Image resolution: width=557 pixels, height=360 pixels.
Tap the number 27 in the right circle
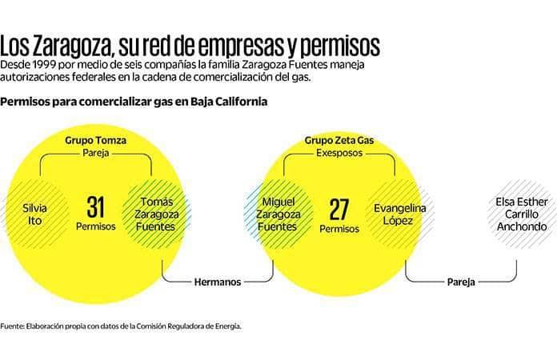click(x=339, y=209)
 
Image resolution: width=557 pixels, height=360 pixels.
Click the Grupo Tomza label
click(x=95, y=140)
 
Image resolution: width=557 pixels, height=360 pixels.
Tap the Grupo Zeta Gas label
click(x=339, y=140)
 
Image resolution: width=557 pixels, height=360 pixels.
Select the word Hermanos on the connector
click(x=218, y=282)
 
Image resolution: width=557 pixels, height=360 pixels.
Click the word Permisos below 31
click(x=96, y=226)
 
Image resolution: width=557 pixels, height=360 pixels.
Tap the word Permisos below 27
click(x=339, y=229)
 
